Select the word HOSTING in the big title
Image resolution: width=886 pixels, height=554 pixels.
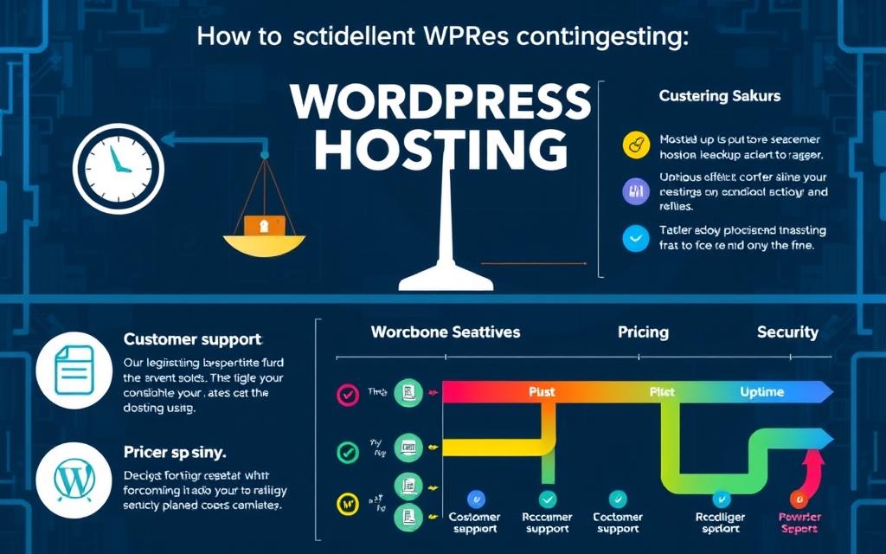[x=441, y=151]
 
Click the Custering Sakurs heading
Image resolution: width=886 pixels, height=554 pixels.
[x=719, y=96]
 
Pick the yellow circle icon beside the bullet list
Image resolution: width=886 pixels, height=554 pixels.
[x=636, y=145]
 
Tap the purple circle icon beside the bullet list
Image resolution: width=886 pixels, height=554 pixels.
[x=636, y=191]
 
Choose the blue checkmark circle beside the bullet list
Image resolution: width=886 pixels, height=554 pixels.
[x=636, y=238]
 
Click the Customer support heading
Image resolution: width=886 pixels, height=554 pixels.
[x=192, y=339]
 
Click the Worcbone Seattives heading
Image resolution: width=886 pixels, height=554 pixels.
[x=445, y=332]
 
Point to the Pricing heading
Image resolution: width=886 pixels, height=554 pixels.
[x=643, y=332]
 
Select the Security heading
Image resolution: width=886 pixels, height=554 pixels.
[x=787, y=332]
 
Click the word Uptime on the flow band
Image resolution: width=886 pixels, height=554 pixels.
[x=761, y=392]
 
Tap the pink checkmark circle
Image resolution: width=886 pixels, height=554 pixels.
[x=347, y=395]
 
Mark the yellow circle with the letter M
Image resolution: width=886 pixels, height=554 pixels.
[x=347, y=502]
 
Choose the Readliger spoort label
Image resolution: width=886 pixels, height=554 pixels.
[x=720, y=522]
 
